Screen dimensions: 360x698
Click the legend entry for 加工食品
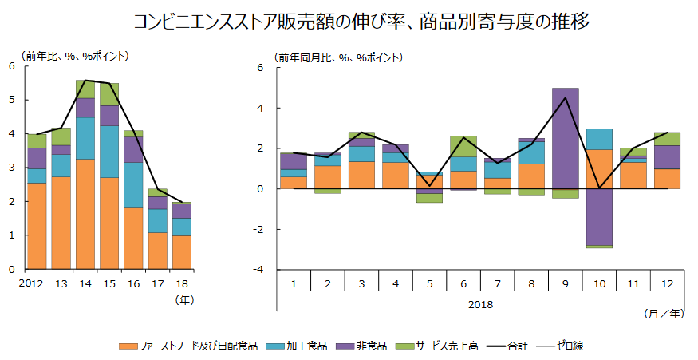coord(305,346)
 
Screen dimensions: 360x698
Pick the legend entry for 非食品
coord(370,346)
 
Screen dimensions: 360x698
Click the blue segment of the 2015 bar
coord(109,152)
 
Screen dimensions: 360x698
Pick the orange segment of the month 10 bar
coord(599,169)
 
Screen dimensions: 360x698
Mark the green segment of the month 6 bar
coord(463,146)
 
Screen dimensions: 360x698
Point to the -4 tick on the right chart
coord(262,270)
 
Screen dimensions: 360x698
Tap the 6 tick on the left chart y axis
coord(12,66)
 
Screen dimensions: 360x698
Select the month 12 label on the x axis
coord(667,283)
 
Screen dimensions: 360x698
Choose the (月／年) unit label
coord(664,315)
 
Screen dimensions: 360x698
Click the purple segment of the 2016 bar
coord(133,149)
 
